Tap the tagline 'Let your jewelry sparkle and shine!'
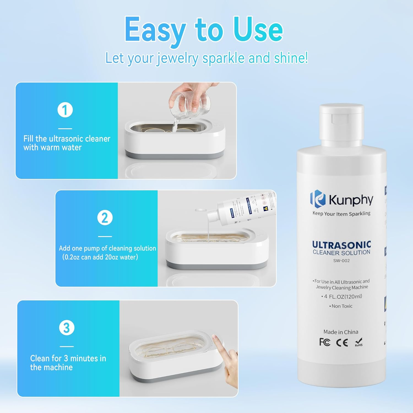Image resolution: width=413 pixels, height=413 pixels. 206,58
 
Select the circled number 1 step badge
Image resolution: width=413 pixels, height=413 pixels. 65,110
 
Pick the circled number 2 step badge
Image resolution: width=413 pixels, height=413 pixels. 105,218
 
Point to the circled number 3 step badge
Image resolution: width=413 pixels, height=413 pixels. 67,328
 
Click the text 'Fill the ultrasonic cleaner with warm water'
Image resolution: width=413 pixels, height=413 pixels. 67,143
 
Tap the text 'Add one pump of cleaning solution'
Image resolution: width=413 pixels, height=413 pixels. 107,248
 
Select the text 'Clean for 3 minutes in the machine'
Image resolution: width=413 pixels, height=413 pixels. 68,363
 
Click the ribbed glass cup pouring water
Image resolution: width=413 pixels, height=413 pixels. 190,103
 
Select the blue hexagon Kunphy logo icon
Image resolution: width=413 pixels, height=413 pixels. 318,199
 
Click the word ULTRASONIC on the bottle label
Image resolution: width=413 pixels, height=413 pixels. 341,244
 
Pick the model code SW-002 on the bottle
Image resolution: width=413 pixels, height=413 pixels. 341,260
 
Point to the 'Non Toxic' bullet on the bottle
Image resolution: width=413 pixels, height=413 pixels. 341,306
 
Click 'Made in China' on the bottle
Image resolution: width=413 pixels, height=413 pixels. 341,332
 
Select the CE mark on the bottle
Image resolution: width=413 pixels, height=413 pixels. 342,343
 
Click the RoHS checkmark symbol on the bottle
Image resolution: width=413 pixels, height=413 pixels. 359,342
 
